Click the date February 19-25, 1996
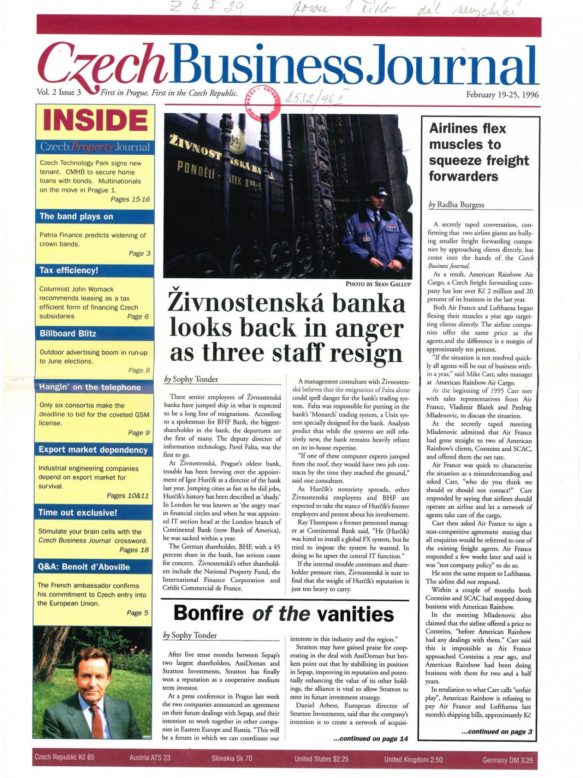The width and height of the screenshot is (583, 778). pyautogui.click(x=502, y=95)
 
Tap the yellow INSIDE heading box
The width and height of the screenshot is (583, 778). pyautogui.click(x=95, y=120)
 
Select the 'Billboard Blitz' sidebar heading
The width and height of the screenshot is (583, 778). pyautogui.click(x=68, y=333)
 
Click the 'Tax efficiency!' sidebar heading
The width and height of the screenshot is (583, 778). pyautogui.click(x=69, y=271)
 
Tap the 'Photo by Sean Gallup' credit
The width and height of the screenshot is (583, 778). pyautogui.click(x=377, y=284)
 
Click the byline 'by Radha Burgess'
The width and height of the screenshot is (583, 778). pyautogui.click(x=456, y=204)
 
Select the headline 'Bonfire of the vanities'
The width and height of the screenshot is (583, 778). pyautogui.click(x=283, y=614)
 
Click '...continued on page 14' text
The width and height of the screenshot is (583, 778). pyautogui.click(x=371, y=739)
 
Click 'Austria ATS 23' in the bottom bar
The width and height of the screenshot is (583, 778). pyautogui.click(x=150, y=757)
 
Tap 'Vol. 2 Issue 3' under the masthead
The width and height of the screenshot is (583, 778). pyautogui.click(x=59, y=92)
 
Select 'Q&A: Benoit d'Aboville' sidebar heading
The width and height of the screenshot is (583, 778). pyautogui.click(x=84, y=567)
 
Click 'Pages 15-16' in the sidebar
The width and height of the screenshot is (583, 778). pyautogui.click(x=130, y=199)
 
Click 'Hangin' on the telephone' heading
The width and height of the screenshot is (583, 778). pyautogui.click(x=90, y=387)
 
